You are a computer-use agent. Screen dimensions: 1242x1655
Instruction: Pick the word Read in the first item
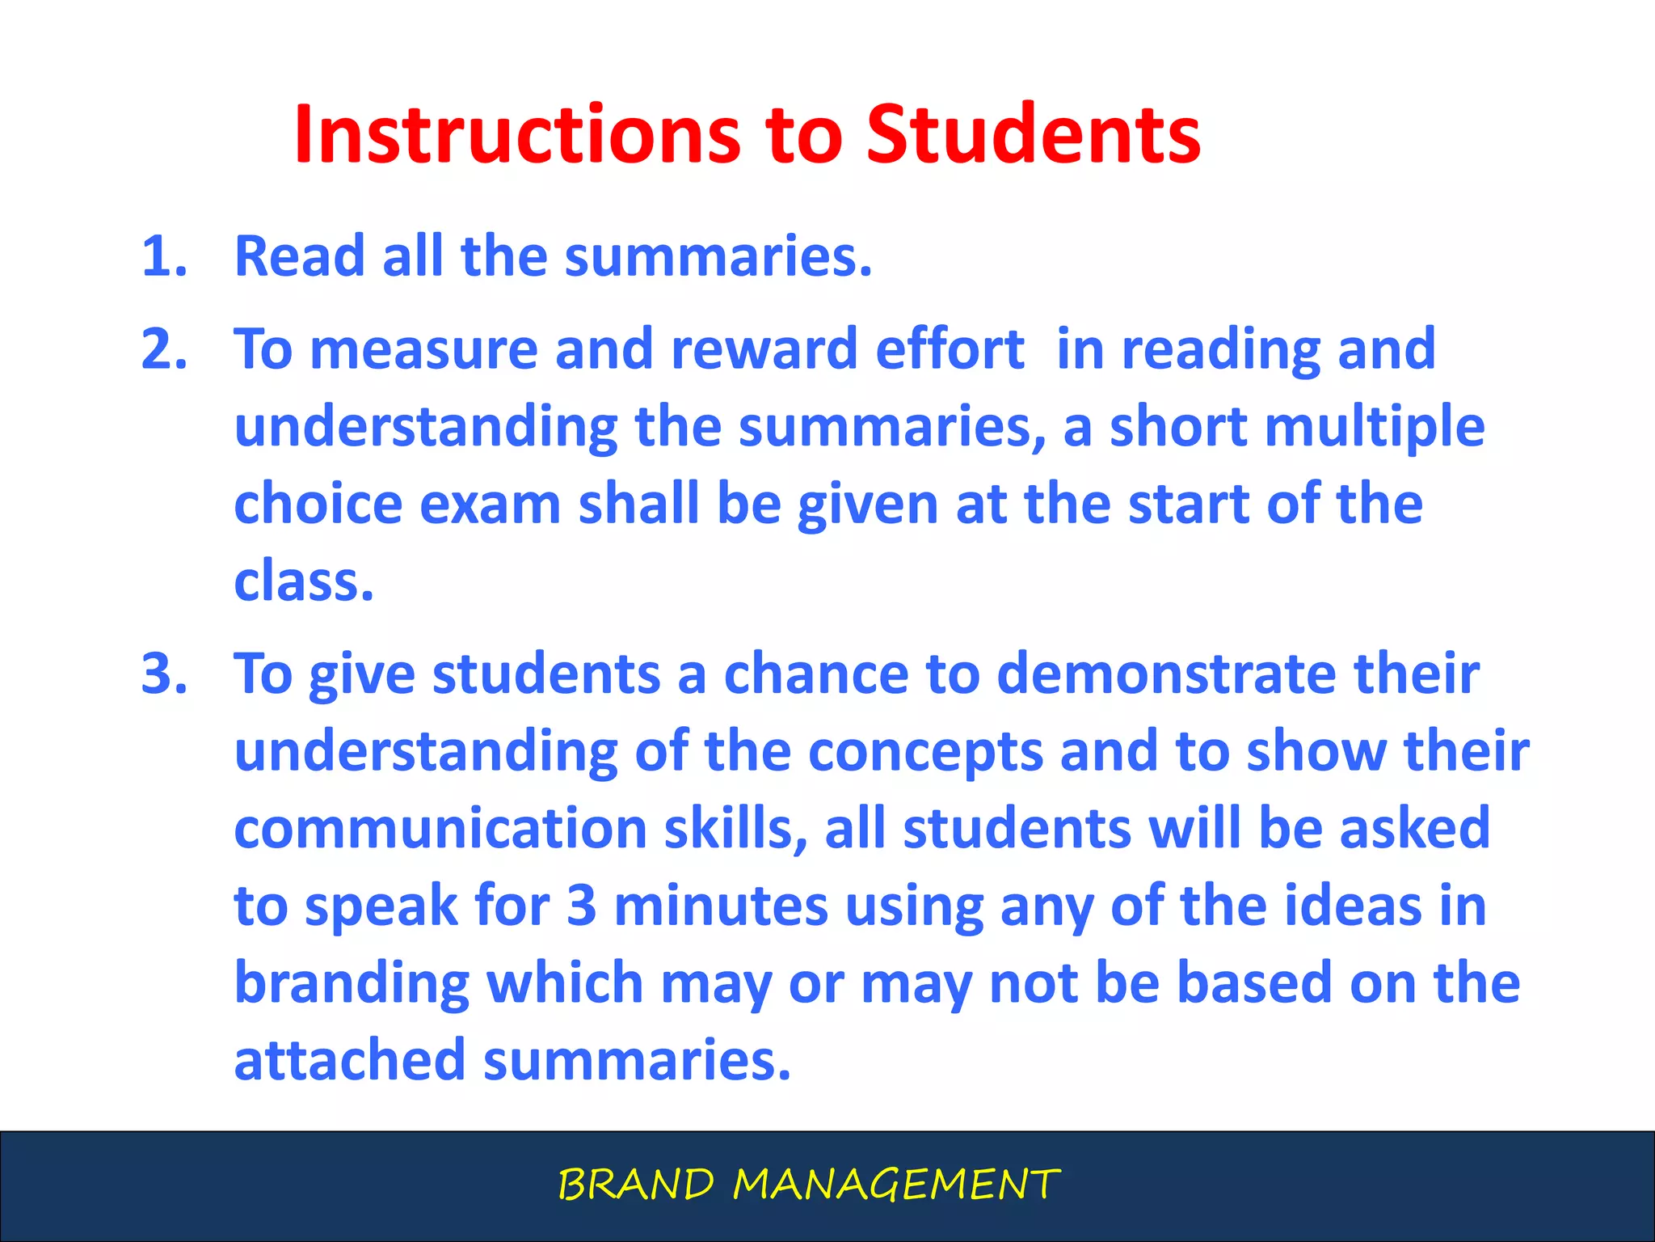coord(299,256)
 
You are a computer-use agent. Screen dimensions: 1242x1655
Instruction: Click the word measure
coord(423,349)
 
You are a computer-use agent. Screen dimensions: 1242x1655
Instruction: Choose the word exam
coord(490,505)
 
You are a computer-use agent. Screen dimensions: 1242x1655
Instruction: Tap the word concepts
coord(925,753)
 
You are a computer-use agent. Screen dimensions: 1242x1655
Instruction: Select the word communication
coord(440,829)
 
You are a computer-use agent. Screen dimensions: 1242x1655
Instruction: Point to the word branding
coord(352,984)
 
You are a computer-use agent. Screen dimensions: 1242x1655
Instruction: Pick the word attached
coord(349,1060)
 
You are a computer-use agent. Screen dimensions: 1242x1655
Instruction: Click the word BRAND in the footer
coord(636,1185)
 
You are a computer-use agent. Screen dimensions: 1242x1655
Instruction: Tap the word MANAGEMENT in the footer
coord(895,1185)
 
